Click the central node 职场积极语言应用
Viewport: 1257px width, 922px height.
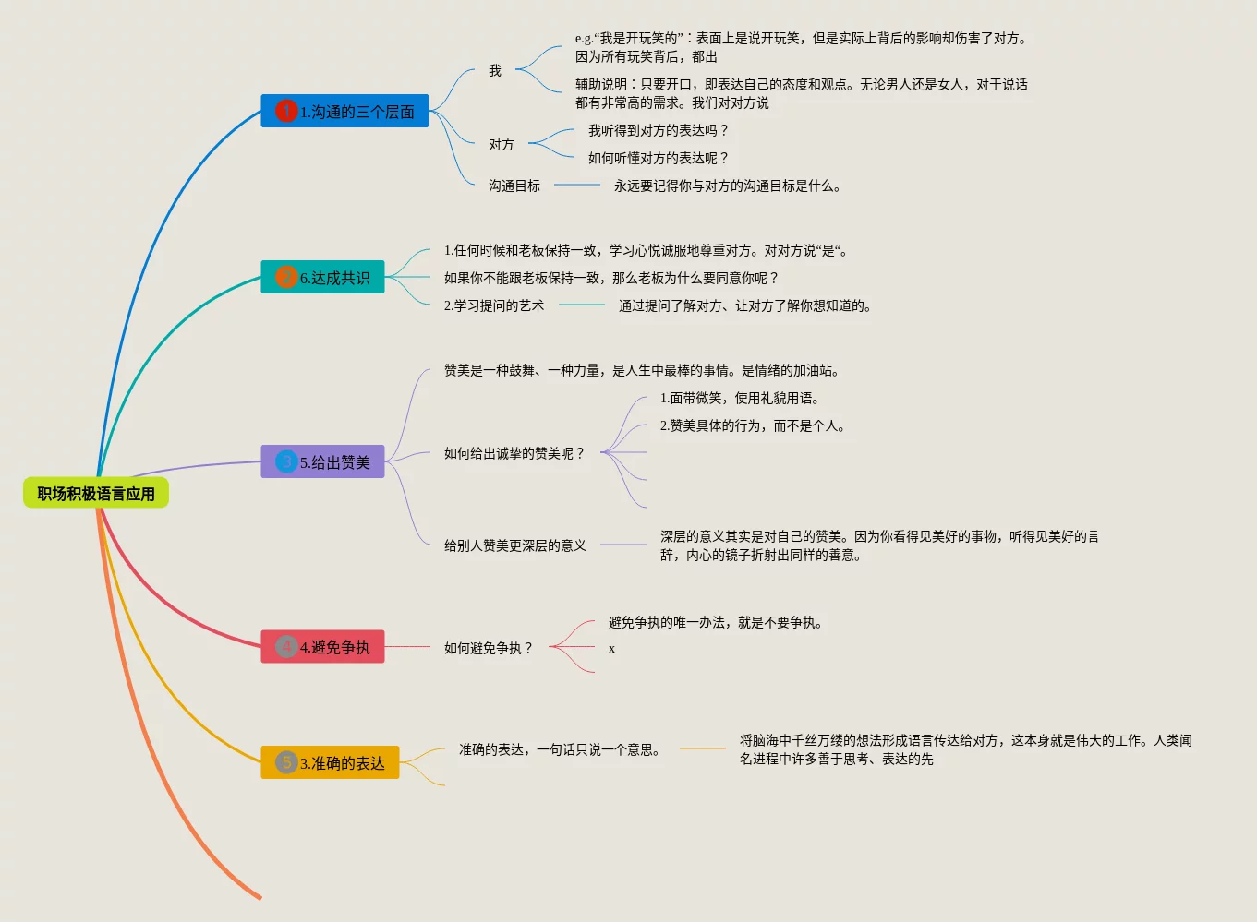(96, 494)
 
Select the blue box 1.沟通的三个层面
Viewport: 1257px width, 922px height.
(344, 112)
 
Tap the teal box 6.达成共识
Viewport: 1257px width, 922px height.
(322, 278)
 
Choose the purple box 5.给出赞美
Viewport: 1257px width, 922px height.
(322, 462)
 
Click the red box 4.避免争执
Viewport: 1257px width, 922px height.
(322, 647)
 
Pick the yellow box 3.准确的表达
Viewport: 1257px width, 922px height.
(330, 763)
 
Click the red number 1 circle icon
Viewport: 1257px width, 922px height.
(286, 112)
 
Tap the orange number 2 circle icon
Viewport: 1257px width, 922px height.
(286, 278)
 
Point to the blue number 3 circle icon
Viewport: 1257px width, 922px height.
(286, 462)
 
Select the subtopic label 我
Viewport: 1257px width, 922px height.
(495, 71)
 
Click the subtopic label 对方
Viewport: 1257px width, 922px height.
(502, 145)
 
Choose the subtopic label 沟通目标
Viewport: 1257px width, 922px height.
(514, 186)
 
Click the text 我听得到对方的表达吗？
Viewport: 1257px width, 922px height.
(659, 131)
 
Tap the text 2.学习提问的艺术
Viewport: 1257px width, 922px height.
(494, 306)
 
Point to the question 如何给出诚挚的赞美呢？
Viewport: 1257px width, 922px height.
(514, 454)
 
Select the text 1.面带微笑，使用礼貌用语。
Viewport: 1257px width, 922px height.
(740, 399)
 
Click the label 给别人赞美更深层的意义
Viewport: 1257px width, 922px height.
(515, 546)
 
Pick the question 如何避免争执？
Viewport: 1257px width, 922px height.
(489, 649)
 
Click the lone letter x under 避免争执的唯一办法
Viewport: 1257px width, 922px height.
(611, 649)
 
